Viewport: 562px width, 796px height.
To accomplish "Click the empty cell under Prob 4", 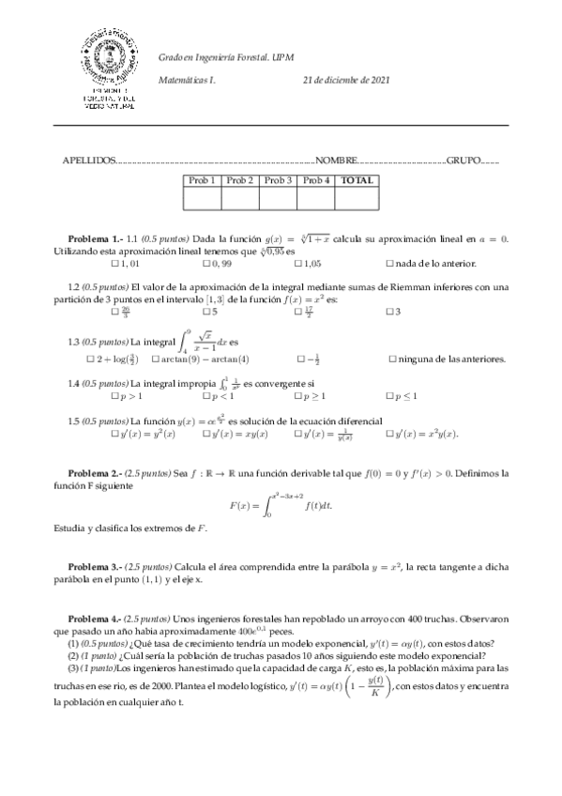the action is click(315, 197).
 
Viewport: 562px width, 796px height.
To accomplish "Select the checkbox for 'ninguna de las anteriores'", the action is click(392, 359).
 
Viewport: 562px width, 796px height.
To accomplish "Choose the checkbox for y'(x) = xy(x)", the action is click(207, 435).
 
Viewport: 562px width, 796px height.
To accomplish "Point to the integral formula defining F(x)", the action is click(281, 505).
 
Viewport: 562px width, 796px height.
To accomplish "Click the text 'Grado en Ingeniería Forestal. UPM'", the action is click(225, 56).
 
